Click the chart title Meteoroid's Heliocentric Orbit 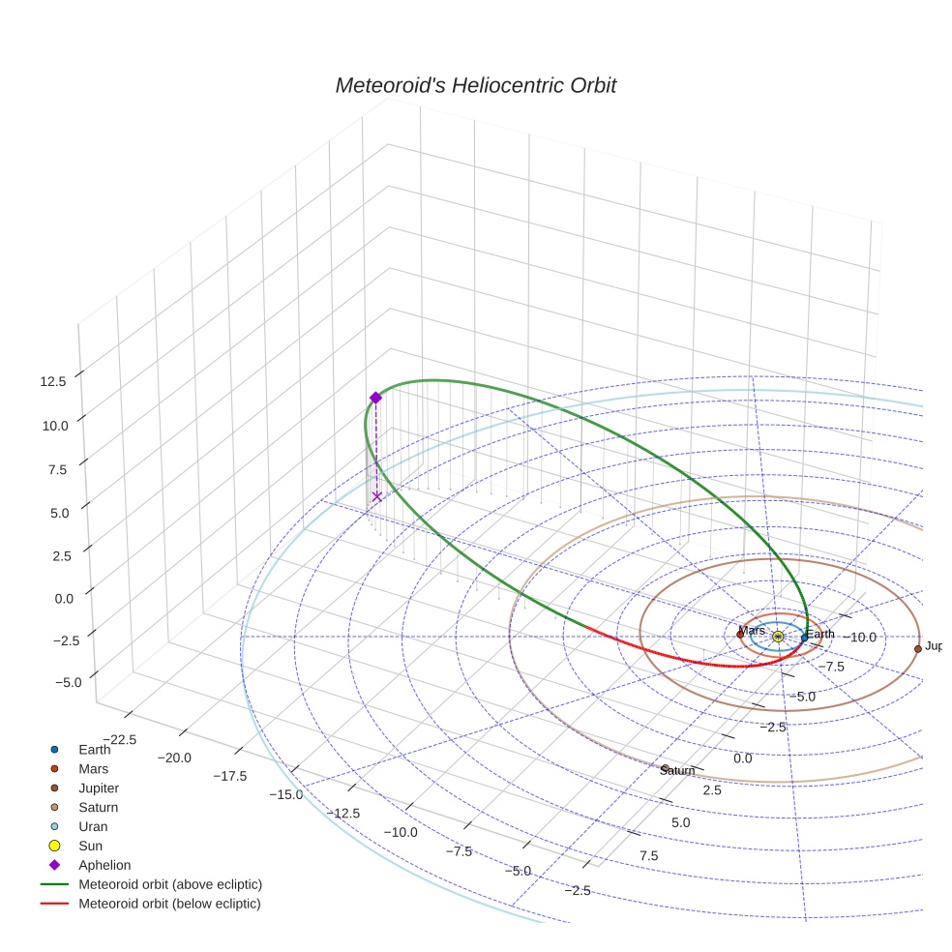[x=475, y=86]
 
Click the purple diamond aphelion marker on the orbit [x=375, y=398]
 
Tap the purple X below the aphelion [x=376, y=496]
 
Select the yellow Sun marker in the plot [x=778, y=636]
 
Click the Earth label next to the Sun [x=819, y=635]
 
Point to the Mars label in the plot [x=751, y=630]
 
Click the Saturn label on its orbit [x=677, y=770]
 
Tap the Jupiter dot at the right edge [x=917, y=648]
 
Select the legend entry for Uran [x=93, y=826]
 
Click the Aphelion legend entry [x=104, y=865]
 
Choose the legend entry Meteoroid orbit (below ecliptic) [x=169, y=904]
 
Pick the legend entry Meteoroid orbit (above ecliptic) [x=169, y=884]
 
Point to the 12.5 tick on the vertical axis [x=53, y=381]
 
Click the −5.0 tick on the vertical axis [x=68, y=682]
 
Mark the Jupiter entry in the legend [x=98, y=788]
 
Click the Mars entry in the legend [x=93, y=768]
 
